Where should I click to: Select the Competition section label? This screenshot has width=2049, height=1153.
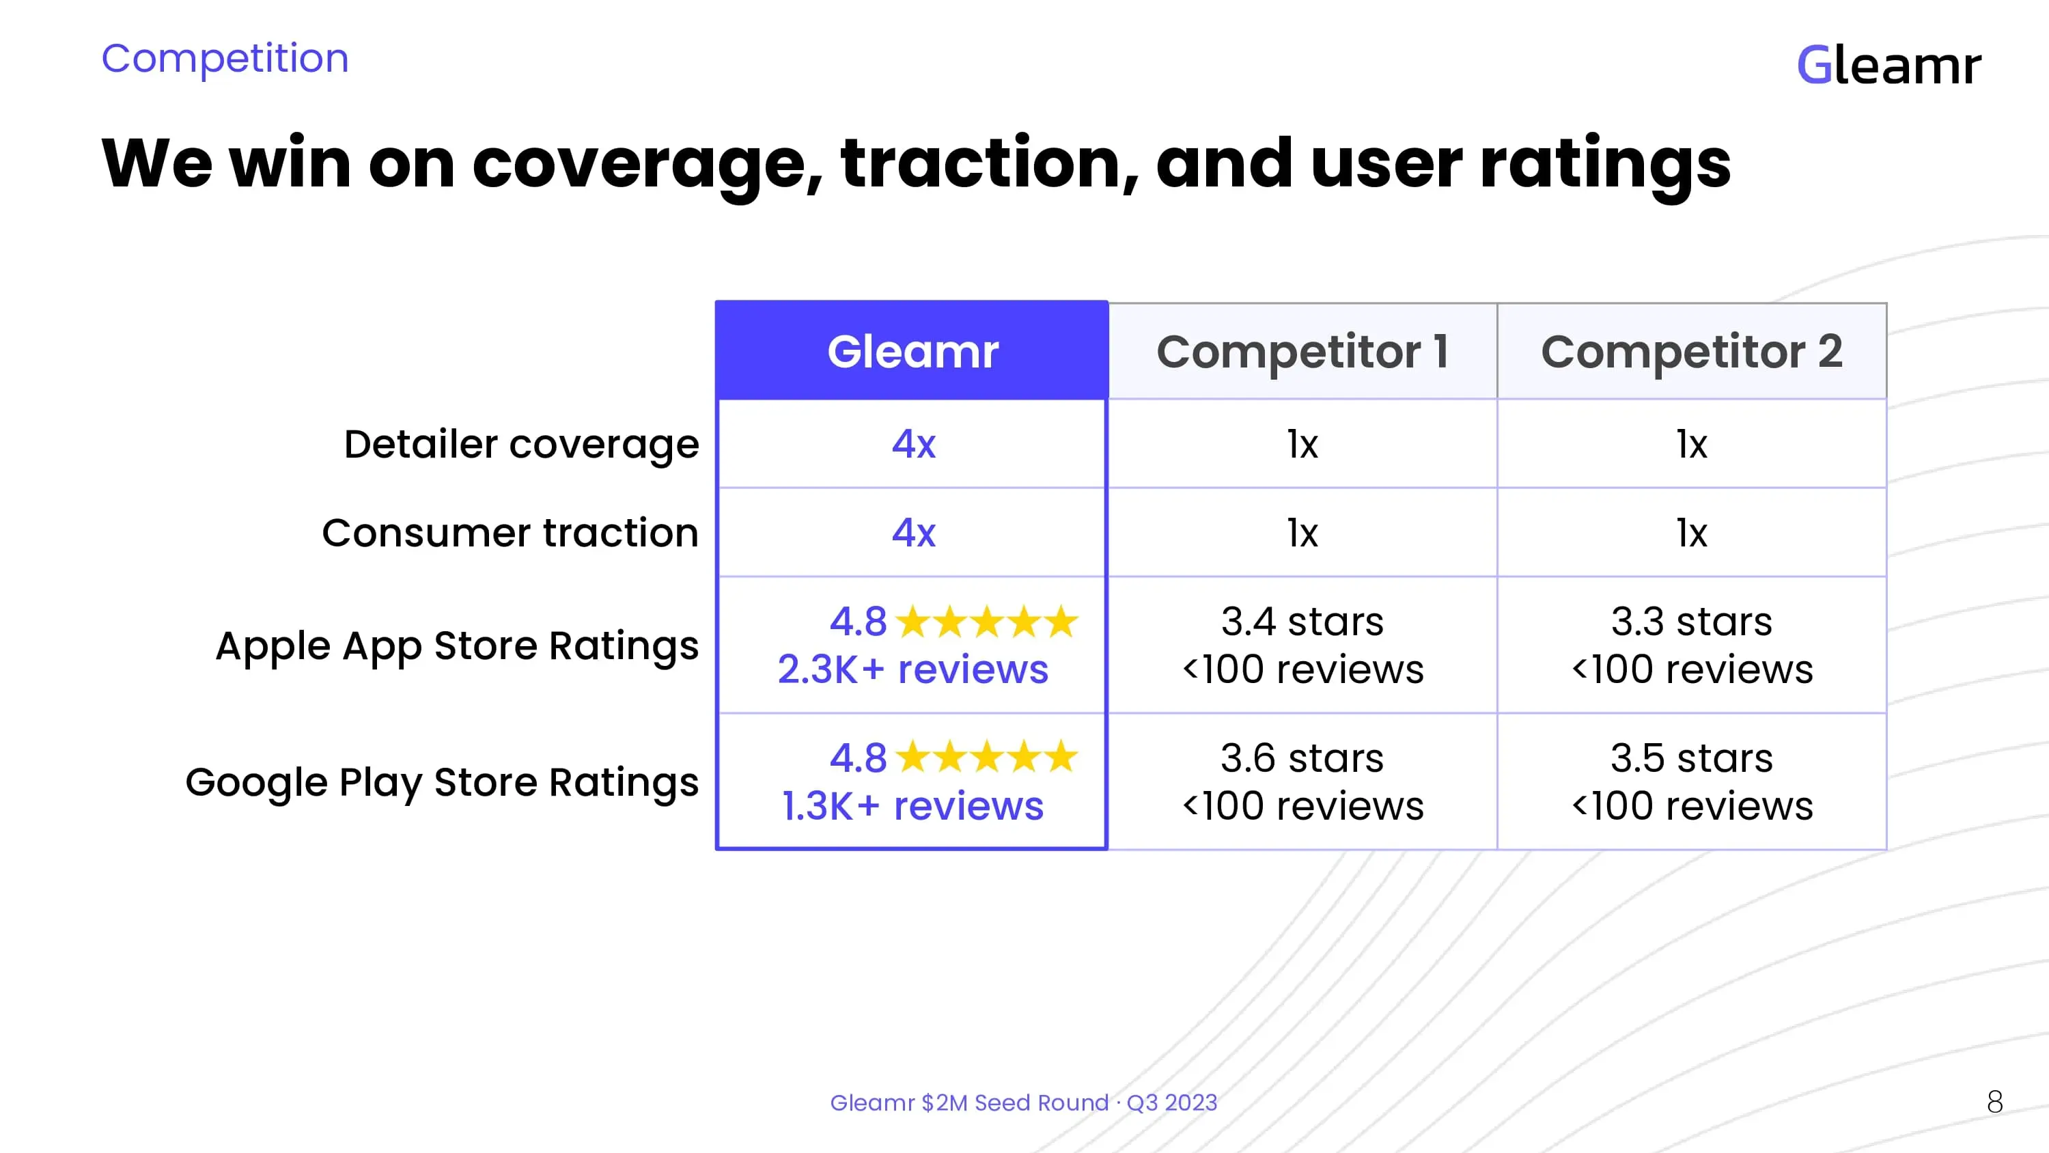click(225, 58)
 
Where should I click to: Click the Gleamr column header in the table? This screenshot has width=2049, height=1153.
click(912, 351)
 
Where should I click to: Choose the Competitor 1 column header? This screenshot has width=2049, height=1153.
click(1302, 351)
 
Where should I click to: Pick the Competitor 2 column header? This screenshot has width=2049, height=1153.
click(1691, 351)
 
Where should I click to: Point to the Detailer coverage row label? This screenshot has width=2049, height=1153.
click(521, 444)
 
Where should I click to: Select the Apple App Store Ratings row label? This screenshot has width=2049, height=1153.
click(458, 645)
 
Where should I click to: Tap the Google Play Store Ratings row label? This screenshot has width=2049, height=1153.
click(443, 782)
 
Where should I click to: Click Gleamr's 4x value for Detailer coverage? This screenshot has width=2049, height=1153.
click(913, 444)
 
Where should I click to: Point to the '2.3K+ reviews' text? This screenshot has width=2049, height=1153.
click(912, 669)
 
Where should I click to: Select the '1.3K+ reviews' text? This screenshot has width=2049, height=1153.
click(912, 806)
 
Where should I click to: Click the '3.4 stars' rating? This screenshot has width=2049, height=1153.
click(1302, 622)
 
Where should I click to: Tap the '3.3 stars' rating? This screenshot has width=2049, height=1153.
click(1691, 622)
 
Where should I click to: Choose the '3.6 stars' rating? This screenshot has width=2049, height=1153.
click(1302, 758)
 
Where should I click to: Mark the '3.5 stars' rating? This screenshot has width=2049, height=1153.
click(1691, 758)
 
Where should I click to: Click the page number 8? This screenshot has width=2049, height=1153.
click(1994, 1102)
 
